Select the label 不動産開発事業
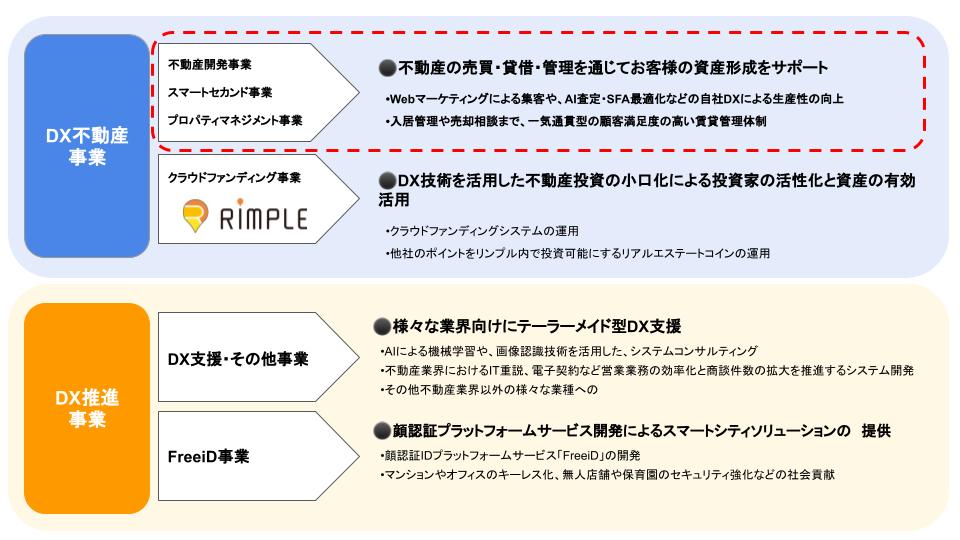[210, 65]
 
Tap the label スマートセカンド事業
[220, 93]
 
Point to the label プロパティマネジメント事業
[235, 121]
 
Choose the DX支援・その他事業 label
[237, 358]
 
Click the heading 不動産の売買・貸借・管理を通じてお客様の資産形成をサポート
[612, 68]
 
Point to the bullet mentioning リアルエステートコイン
[577, 253]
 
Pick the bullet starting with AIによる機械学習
[569, 351]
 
